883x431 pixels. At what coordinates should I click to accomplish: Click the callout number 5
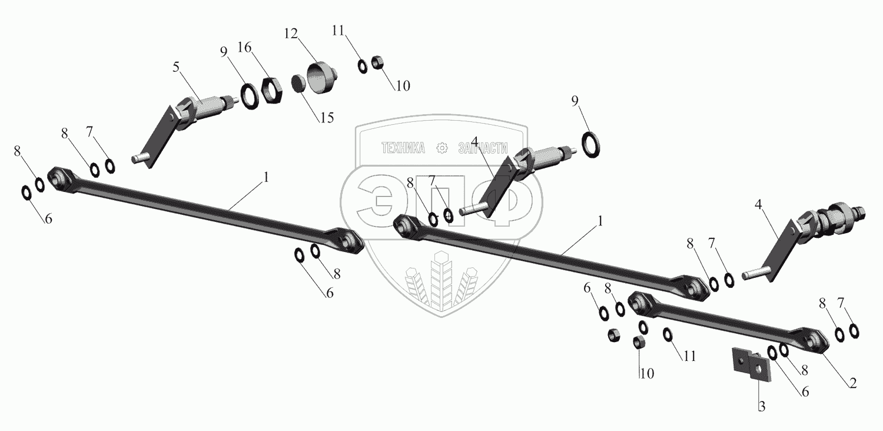(x=176, y=68)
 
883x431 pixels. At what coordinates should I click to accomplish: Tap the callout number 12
(x=291, y=34)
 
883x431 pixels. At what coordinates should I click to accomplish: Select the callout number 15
(x=327, y=118)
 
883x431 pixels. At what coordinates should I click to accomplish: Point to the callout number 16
(x=244, y=47)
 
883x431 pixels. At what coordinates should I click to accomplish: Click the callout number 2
(x=852, y=383)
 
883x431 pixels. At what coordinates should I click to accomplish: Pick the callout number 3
(x=762, y=406)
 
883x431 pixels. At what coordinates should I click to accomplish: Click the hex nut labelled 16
(x=271, y=90)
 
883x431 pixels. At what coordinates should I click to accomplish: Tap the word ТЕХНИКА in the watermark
(x=403, y=148)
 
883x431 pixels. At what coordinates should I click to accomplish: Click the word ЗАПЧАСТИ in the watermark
(x=483, y=148)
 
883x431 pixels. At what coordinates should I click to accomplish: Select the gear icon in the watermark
(x=442, y=148)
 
